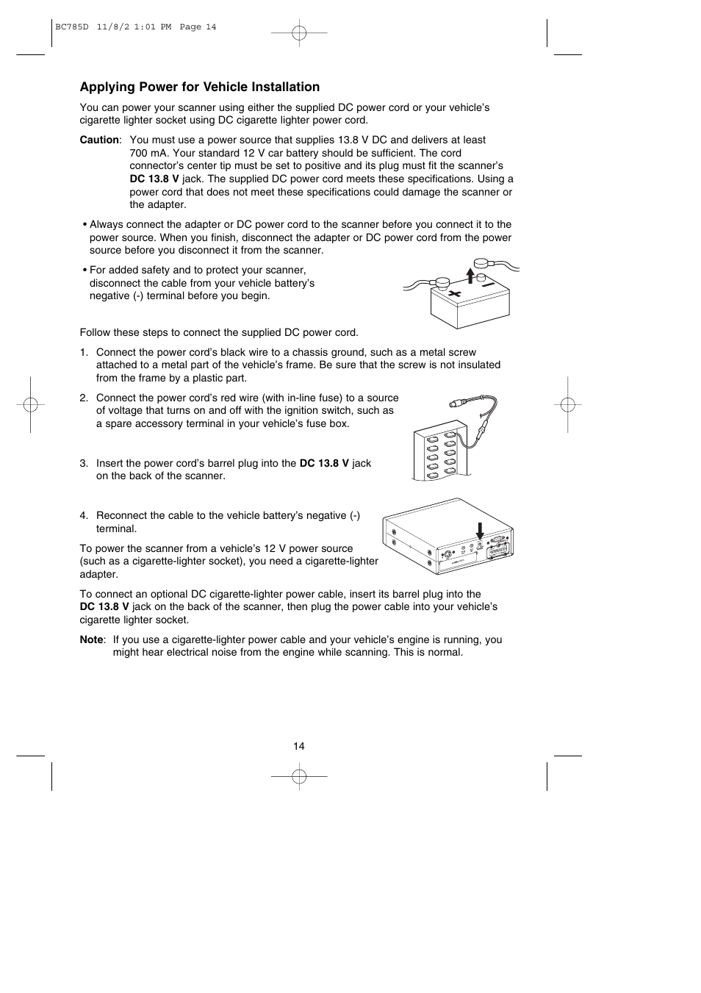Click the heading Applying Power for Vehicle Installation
pyautogui.click(x=199, y=87)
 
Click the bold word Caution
pyautogui.click(x=98, y=140)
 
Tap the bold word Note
pyautogui.click(x=91, y=639)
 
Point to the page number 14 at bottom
pyautogui.click(x=298, y=746)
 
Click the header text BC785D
pyautogui.click(x=71, y=27)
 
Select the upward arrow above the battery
pyautogui.click(x=471, y=276)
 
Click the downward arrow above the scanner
pyautogui.click(x=480, y=531)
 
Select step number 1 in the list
pyautogui.click(x=84, y=352)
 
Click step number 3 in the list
pyautogui.click(x=84, y=463)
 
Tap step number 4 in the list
pyautogui.click(x=84, y=515)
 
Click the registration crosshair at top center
pyautogui.click(x=299, y=32)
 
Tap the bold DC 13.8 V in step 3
pyautogui.click(x=324, y=463)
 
